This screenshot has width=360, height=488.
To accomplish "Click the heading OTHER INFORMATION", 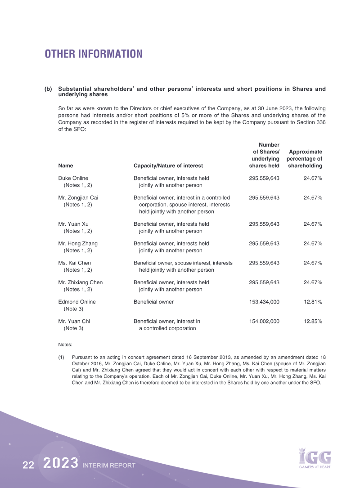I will pos(94,54).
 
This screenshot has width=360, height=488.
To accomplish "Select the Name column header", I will pos(66,166).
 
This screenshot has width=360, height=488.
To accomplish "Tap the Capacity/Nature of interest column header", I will pos(168,166).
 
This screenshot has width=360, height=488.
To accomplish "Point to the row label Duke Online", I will pos(73,178).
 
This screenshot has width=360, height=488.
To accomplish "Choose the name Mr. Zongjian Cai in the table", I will pos(78,197).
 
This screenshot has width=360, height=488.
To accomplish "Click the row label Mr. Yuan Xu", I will pos(73,224).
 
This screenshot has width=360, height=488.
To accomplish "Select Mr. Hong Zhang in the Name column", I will pos(78,243).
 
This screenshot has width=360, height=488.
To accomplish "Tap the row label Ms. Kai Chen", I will pos(75,263).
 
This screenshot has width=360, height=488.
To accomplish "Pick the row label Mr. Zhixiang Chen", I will pos(81,282).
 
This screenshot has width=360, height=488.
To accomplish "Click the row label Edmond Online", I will pos(77,302).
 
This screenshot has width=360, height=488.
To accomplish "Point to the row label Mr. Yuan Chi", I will pos(74,322).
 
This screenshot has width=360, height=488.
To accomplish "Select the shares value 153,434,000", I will pos(264,302).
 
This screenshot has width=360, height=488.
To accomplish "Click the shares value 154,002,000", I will pos(264,322).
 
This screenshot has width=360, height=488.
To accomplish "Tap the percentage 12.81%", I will pos(313,302).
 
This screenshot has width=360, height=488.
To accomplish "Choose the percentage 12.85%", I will pos(313,322).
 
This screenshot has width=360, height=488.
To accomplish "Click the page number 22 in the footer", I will pos(29,466).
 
